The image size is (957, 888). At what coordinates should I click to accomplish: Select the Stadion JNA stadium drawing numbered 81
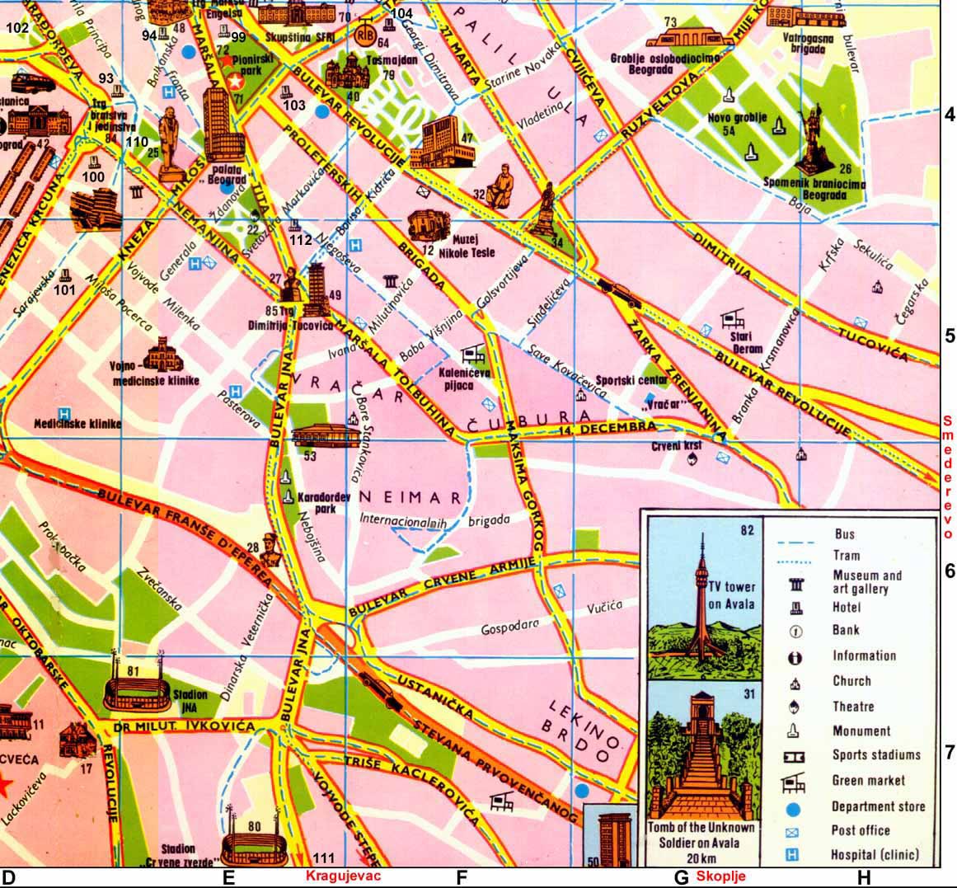[x=137, y=688]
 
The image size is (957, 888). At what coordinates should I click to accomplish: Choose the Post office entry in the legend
[x=861, y=830]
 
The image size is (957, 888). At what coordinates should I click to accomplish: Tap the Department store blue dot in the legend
[x=795, y=807]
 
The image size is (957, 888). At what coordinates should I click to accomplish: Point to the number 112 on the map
[x=301, y=241]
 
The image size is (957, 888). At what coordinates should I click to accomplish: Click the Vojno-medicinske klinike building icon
[x=161, y=353]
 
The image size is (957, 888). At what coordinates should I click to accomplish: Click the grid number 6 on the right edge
[x=949, y=571]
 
